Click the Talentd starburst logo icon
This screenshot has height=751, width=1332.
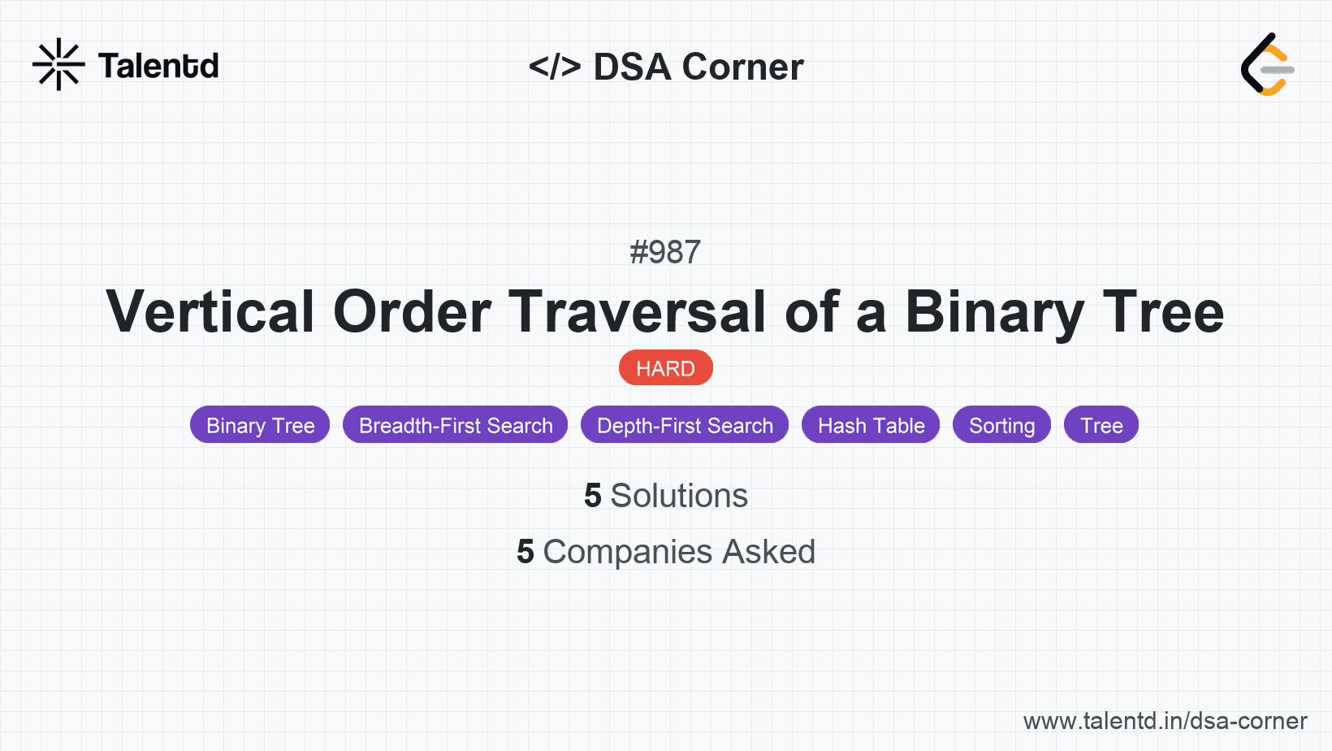point(58,64)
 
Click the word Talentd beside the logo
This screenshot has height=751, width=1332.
point(158,66)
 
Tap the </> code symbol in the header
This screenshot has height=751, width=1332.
point(555,67)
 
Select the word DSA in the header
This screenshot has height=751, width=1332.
point(632,67)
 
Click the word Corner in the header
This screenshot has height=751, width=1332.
point(742,67)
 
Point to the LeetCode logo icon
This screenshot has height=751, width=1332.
point(1267,65)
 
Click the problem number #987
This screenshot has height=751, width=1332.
point(665,252)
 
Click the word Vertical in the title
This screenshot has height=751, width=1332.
point(210,312)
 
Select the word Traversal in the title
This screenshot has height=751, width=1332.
point(637,312)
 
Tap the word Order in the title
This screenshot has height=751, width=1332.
point(412,312)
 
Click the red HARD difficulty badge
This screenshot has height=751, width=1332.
point(665,368)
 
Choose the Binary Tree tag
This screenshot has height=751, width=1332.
point(260,425)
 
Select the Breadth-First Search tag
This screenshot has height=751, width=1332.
point(455,425)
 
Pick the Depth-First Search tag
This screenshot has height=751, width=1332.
point(685,425)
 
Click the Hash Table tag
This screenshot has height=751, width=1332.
point(871,425)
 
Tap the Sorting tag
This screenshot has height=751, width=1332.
point(1001,425)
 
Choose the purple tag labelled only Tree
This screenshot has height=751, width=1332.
point(1101,425)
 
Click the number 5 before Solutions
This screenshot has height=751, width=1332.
point(593,496)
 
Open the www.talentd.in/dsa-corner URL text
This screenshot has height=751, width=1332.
point(1165,721)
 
